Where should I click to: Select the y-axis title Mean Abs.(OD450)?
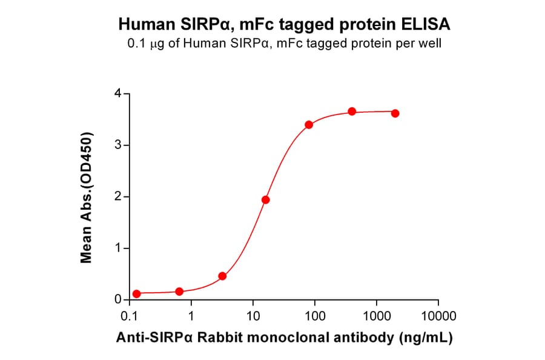point(87,197)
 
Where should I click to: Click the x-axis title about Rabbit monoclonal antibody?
point(284,337)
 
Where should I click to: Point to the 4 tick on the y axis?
point(118,94)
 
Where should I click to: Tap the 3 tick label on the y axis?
point(118,145)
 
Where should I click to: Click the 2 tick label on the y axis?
point(118,197)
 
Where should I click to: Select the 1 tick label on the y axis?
point(118,248)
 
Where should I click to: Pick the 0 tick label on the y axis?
point(118,300)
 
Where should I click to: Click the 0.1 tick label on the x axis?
point(129,316)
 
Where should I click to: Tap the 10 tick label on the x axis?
point(253,316)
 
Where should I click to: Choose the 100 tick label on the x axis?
point(315,316)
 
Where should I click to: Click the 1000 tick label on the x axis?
point(377,316)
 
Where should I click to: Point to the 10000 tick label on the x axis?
point(438,316)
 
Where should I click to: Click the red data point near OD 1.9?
point(265,200)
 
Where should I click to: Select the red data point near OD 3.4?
point(309,125)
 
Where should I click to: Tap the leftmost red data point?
point(136,294)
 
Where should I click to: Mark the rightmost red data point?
point(395,113)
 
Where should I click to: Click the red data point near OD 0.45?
point(222,276)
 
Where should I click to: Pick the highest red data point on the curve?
point(352,112)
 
